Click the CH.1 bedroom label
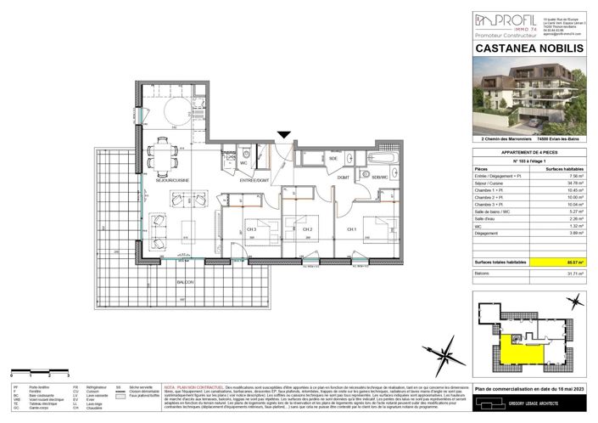tap(350, 229)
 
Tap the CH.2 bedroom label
tap(309, 229)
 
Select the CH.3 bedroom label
tap(251, 229)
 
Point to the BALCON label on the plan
tap(186, 281)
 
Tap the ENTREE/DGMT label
tap(254, 180)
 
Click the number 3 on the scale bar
tap(67, 374)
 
